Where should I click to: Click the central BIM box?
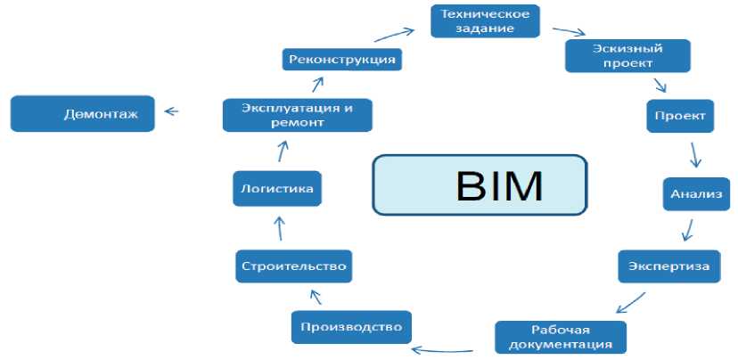pos(480,185)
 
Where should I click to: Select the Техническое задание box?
pos(486,21)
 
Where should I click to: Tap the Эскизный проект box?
pos(627,55)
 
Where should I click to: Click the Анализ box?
pos(697,194)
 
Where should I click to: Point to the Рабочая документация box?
pos(560,336)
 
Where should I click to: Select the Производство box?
pos(352,326)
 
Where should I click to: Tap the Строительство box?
pos(291,266)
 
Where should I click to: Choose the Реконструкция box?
pos(341,60)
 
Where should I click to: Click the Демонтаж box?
pos(81,113)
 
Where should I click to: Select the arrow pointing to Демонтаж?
pos(172,112)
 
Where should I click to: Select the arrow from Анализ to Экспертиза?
pos(687,229)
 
